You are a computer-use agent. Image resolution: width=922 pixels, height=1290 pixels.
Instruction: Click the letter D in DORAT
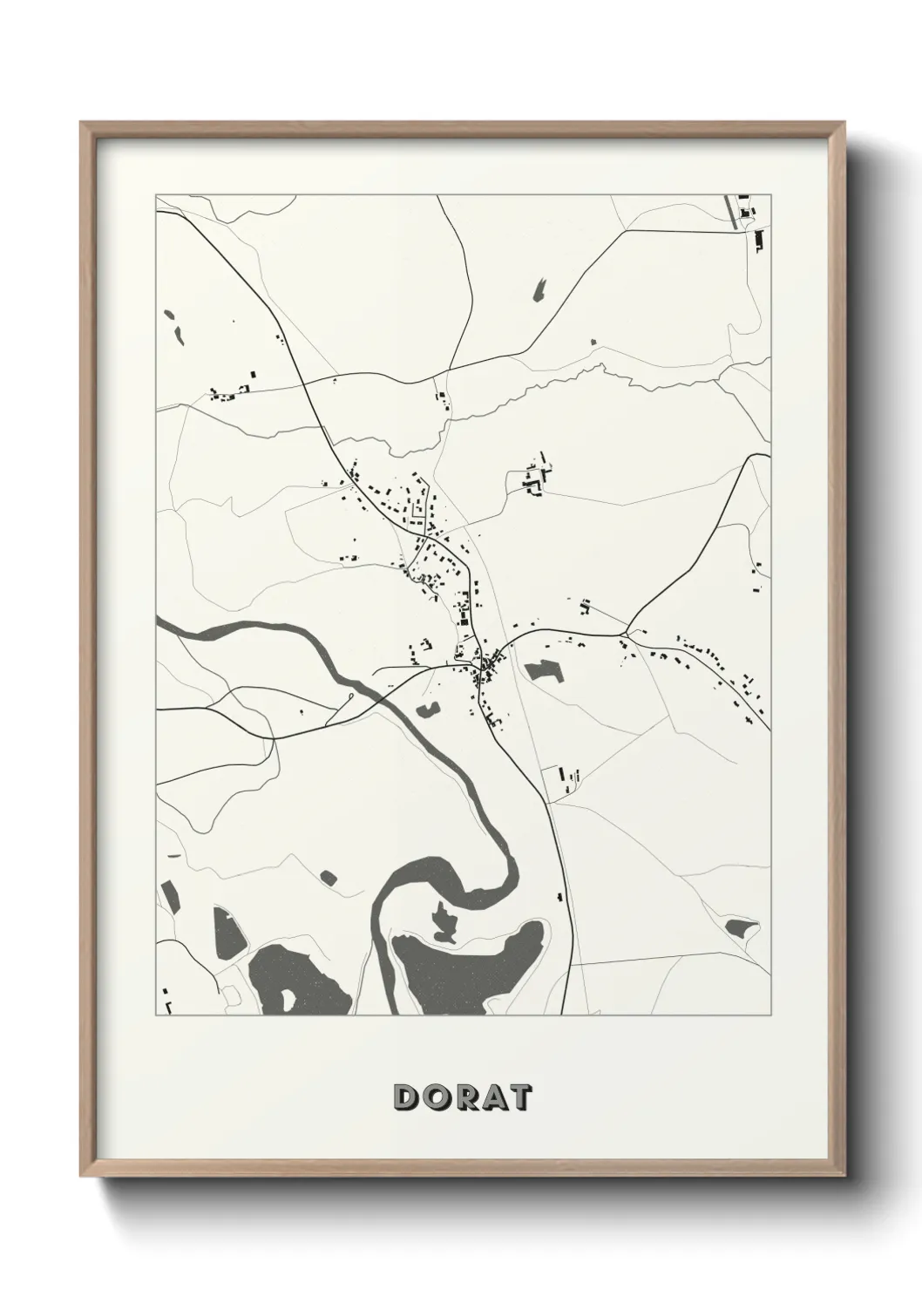[x=407, y=1097]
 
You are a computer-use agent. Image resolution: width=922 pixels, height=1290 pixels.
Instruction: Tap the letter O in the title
[x=435, y=1097]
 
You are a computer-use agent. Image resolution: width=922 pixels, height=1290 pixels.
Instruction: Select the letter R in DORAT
[x=464, y=1097]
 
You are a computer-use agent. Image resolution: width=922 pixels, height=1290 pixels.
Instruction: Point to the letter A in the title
[x=492, y=1097]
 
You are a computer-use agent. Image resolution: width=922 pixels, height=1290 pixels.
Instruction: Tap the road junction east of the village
[x=627, y=630]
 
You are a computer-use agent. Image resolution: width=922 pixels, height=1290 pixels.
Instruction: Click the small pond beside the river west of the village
[x=427, y=711]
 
